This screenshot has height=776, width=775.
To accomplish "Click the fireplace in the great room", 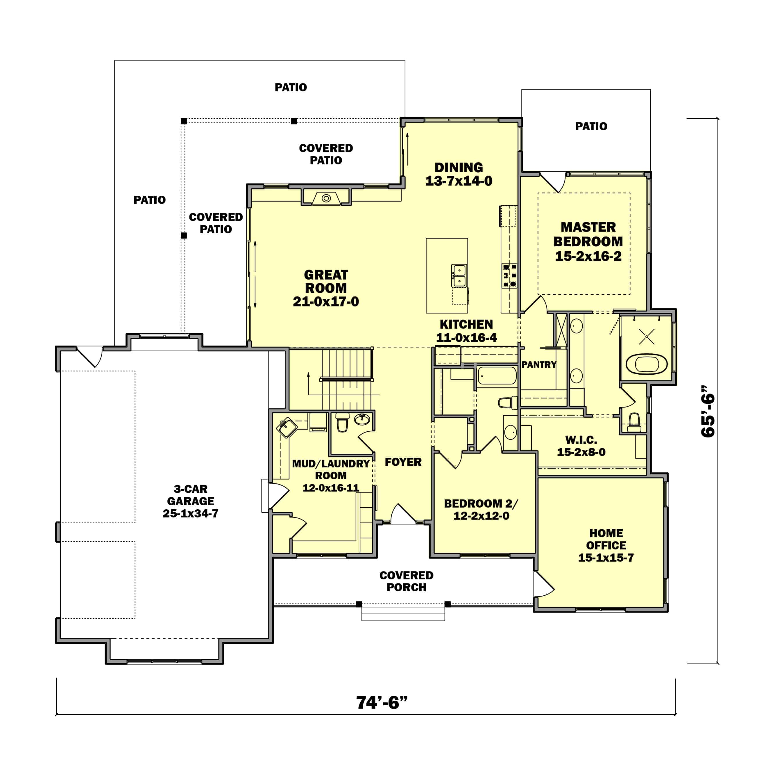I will click(x=326, y=198).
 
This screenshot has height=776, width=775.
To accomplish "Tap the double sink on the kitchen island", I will click(x=459, y=275).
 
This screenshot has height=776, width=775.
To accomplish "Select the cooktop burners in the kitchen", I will click(x=509, y=275).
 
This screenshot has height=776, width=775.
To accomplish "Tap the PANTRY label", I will click(x=539, y=365).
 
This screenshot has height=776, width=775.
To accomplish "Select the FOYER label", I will click(x=403, y=462).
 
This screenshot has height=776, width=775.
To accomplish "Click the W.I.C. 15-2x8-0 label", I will click(x=581, y=446).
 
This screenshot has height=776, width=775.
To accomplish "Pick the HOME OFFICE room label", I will click(x=606, y=545).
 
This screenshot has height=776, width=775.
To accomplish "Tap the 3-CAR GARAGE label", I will click(x=190, y=501).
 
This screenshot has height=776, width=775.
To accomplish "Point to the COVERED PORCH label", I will click(x=406, y=581).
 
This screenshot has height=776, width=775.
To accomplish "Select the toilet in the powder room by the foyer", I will click(x=342, y=423).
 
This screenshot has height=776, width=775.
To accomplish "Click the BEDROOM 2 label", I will click(x=481, y=510).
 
